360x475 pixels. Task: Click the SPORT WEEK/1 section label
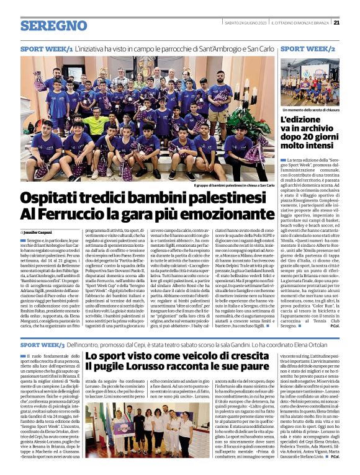[47, 48]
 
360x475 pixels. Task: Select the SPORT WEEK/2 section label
[308, 48]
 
